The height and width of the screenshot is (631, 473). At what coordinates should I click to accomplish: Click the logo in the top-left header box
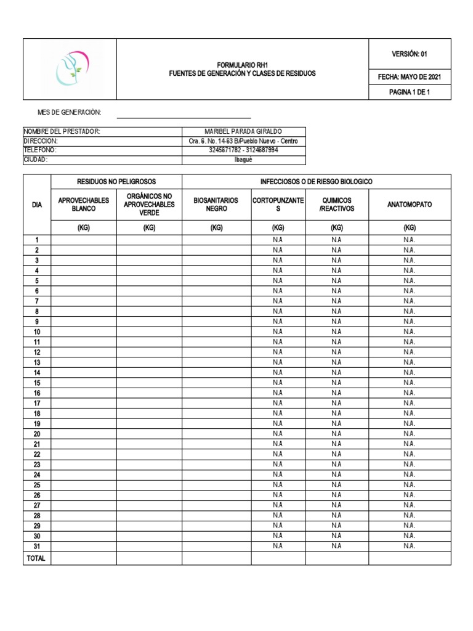click(x=70, y=69)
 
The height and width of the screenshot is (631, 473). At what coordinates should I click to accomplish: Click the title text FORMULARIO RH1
click(x=242, y=65)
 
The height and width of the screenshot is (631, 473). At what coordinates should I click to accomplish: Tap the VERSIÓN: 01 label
click(x=410, y=54)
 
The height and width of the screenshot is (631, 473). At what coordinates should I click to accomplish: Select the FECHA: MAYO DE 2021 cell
click(x=410, y=78)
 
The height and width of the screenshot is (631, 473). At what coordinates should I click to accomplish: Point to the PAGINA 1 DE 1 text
click(x=410, y=92)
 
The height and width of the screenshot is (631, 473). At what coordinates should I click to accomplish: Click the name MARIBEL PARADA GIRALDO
click(x=243, y=132)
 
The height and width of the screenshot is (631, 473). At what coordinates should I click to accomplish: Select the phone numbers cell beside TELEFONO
click(x=243, y=150)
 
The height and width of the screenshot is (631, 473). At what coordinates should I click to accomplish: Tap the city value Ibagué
click(x=243, y=159)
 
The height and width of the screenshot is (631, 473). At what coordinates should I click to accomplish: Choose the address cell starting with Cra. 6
click(x=243, y=141)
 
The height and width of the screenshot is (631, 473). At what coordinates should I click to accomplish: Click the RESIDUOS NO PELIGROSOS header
click(x=116, y=182)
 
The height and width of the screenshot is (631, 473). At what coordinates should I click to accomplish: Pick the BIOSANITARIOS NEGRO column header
click(x=216, y=205)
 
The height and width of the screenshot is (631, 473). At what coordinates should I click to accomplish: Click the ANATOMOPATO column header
click(x=410, y=205)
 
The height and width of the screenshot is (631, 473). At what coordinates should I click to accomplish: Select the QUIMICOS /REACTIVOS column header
click(x=337, y=205)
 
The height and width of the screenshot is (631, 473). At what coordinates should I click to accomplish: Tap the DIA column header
click(x=37, y=205)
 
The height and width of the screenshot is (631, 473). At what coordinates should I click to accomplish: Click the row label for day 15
click(x=37, y=383)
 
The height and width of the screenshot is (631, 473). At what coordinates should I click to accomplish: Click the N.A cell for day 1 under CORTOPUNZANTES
click(x=278, y=240)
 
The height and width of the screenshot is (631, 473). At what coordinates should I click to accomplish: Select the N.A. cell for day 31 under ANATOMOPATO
click(x=410, y=545)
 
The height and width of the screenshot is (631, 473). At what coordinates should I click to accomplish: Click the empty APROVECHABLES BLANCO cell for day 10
click(x=84, y=332)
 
